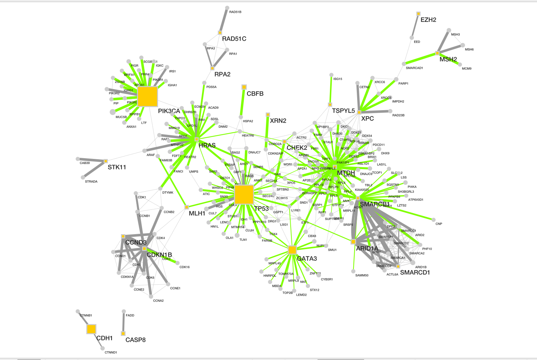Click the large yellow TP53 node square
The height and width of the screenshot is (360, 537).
pyautogui.click(x=244, y=194)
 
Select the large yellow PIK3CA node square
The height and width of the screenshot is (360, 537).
pyautogui.click(x=148, y=96)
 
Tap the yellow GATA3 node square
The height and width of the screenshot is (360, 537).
pyautogui.click(x=292, y=250)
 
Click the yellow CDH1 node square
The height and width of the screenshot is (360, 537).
pyautogui.click(x=91, y=329)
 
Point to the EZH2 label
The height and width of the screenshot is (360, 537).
pyautogui.click(x=428, y=20)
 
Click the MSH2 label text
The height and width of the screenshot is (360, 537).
pyautogui.click(x=448, y=59)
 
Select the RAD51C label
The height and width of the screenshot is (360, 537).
pyautogui.click(x=234, y=39)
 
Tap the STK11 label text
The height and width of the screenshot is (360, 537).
pyautogui.click(x=117, y=167)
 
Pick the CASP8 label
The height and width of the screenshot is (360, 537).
pyautogui.click(x=136, y=340)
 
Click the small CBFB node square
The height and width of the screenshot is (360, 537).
pyautogui.click(x=244, y=87)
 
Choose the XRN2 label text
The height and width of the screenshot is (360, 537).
pyautogui.click(x=278, y=121)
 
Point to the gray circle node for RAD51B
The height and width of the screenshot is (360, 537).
pyautogui.click(x=227, y=8)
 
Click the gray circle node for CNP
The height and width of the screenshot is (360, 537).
pyautogui.click(x=433, y=219)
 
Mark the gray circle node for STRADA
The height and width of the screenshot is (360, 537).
pyautogui.click(x=83, y=177)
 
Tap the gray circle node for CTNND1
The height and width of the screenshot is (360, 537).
pyautogui.click(x=103, y=348)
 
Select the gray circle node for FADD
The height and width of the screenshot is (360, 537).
pyautogui.click(x=124, y=311)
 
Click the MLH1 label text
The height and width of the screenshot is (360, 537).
pyautogui.click(x=197, y=213)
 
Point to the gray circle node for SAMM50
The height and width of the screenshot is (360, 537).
pyautogui.click(x=353, y=271)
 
